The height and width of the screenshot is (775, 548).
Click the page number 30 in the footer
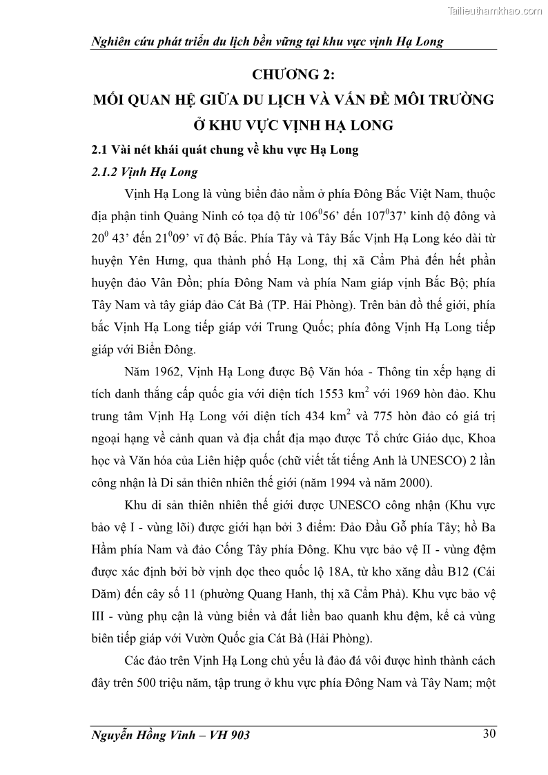488,734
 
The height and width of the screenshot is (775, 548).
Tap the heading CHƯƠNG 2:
294,75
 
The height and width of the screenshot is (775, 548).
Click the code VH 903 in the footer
226,735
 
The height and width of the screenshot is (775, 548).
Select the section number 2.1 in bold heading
101,150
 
